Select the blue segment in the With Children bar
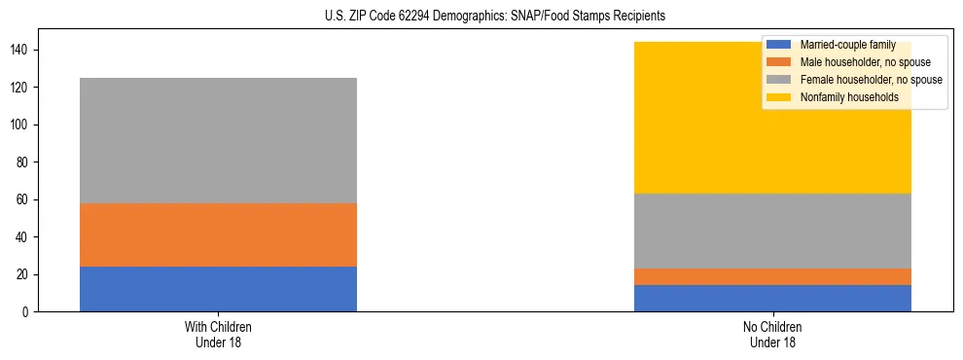pos(218,289)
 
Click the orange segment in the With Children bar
pos(218,234)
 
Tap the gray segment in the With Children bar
pos(218,140)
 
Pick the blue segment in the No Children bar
pos(772,298)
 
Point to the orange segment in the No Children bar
pos(772,276)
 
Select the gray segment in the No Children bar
pos(772,232)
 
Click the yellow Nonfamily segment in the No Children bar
pos(681,118)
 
